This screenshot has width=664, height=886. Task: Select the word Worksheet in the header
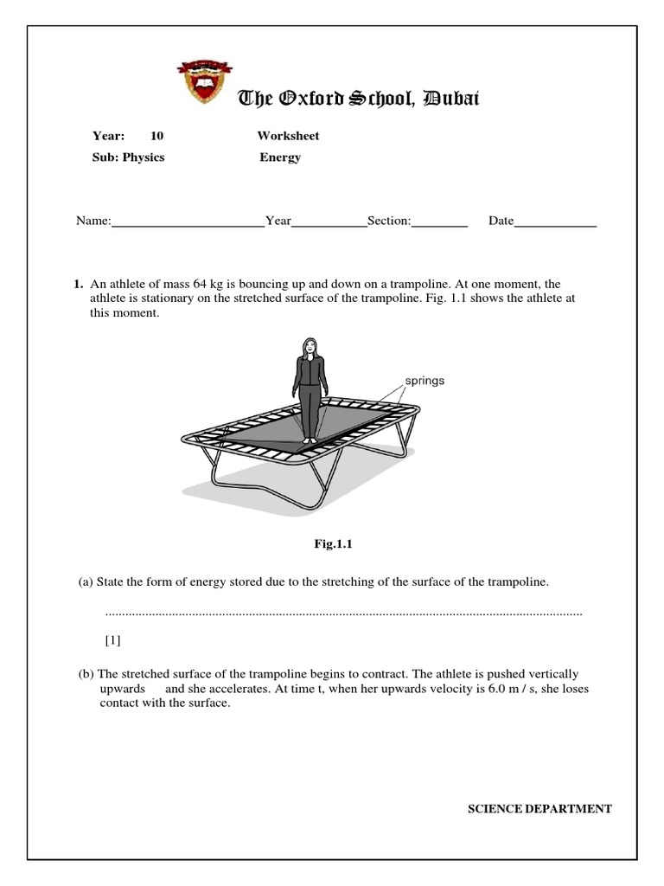pyautogui.click(x=288, y=136)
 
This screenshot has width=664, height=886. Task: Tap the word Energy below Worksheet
pyautogui.click(x=280, y=157)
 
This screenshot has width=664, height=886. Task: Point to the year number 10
pyautogui.click(x=156, y=136)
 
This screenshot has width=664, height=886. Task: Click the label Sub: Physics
pyautogui.click(x=128, y=157)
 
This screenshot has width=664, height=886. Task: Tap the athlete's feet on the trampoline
pyautogui.click(x=309, y=439)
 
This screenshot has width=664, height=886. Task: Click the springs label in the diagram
pyautogui.click(x=425, y=381)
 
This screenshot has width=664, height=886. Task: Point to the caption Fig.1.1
pyautogui.click(x=334, y=544)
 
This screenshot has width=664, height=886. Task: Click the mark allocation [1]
pyautogui.click(x=113, y=641)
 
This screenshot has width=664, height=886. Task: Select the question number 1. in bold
pyautogui.click(x=78, y=284)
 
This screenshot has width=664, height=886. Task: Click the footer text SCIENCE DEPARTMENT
pyautogui.click(x=539, y=809)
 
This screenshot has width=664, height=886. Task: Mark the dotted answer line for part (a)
pyautogui.click(x=343, y=613)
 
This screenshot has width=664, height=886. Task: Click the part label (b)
pyautogui.click(x=86, y=674)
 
